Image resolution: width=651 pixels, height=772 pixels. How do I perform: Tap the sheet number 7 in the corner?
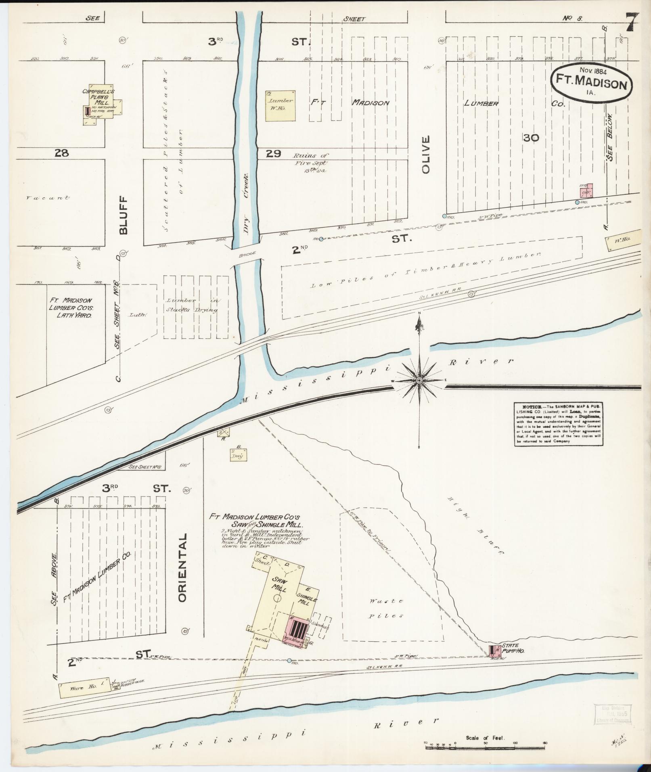pos(632,24)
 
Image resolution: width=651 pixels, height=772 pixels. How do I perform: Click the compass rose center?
pos(419,381)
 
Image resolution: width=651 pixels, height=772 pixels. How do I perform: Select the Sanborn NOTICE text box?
pos(559,424)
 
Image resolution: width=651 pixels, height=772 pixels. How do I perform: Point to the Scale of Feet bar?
pos(485,747)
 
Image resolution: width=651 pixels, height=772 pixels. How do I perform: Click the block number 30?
pos(530,138)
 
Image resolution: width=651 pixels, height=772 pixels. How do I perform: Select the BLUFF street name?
pos(123,215)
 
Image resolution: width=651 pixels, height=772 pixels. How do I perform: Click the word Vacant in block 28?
pos(47,198)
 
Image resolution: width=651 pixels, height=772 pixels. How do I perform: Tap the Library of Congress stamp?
pos(609,716)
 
